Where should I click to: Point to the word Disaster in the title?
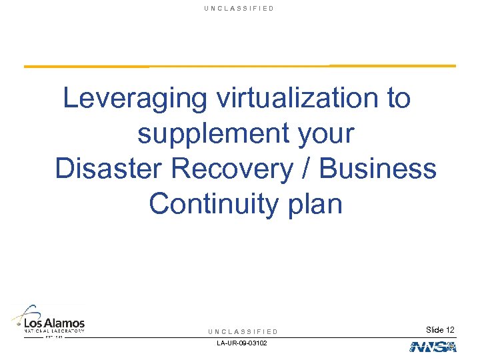tap(109, 169)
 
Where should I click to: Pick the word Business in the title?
tap(378, 169)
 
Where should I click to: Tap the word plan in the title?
tap(313, 204)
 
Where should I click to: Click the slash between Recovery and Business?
tap(306, 169)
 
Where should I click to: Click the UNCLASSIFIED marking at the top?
tap(240, 8)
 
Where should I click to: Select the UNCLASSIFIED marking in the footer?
tap(243, 331)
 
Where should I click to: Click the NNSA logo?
tap(433, 346)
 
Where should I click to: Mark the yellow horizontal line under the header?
tap(240, 66)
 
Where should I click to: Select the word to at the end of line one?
tap(398, 99)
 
